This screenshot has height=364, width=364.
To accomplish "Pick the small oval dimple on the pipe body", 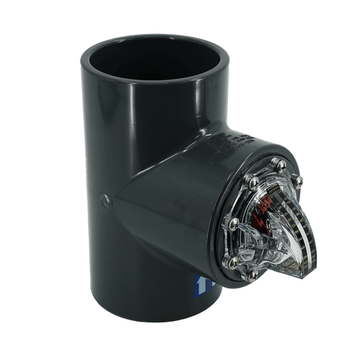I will click(104, 201).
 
